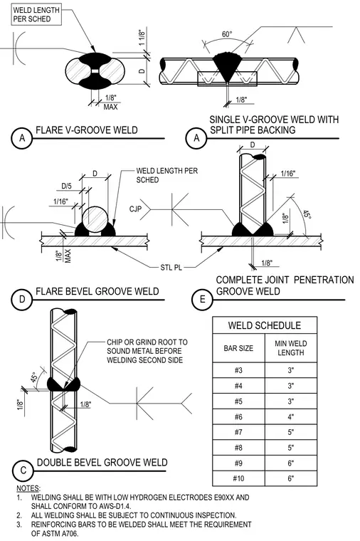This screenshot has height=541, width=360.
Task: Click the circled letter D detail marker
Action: tap(22, 299)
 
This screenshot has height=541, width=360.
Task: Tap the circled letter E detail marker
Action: tap(203, 299)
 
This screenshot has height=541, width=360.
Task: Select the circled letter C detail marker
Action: tap(23, 471)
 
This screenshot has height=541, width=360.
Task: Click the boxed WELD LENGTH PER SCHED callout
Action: tap(36, 14)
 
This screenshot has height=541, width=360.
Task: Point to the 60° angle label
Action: tap(227, 34)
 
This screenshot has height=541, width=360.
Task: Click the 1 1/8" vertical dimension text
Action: tap(142, 38)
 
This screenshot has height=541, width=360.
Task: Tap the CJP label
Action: tap(135, 209)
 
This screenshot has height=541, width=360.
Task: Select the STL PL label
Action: tap(171, 268)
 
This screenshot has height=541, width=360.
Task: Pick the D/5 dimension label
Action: tap(67, 187)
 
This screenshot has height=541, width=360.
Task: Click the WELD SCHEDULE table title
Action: tap(265, 325)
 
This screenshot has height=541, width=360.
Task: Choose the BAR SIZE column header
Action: tap(238, 348)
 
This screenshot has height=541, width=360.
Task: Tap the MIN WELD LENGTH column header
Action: tap(291, 348)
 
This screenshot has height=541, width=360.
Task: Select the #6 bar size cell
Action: tap(238, 417)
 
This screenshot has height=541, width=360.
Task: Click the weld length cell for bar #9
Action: tap(291, 463)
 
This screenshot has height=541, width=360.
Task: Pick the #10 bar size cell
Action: tap(238, 478)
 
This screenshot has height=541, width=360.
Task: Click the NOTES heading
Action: tap(28, 488)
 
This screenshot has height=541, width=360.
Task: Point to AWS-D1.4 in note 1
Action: tap(114, 506)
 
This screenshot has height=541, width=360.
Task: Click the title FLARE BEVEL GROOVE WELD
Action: tap(97, 291)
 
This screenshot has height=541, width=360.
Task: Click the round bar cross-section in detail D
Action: tap(95, 221)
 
